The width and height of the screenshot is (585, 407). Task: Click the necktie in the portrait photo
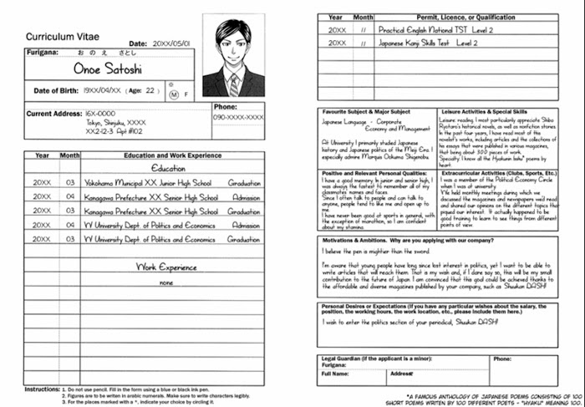pos(235,82)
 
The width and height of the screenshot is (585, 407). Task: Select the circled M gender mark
pos(174,94)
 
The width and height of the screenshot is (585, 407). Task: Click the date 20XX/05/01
pos(171,43)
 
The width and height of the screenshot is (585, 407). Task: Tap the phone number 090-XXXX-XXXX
pos(238,119)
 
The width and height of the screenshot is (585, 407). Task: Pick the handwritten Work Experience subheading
pos(167,267)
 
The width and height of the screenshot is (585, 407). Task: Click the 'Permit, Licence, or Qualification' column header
pos(453,17)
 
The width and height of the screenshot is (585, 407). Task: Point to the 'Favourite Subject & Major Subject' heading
pos(366,111)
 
